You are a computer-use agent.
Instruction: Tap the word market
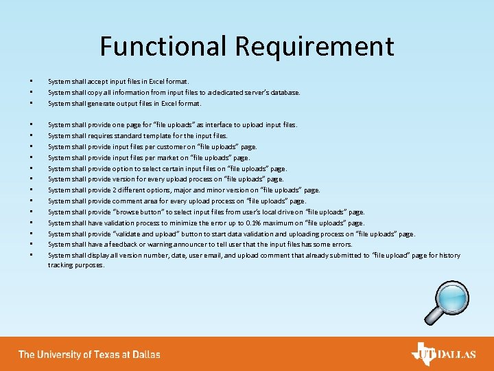click(163, 157)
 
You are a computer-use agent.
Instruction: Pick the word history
click(449, 256)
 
